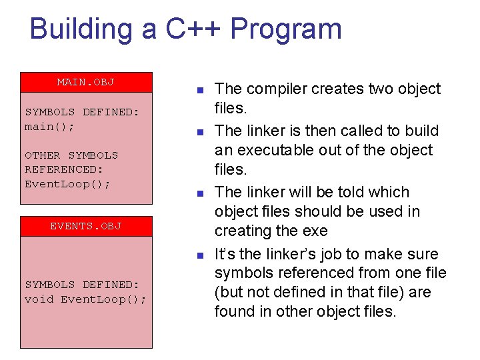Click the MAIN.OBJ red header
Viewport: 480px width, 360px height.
point(86,82)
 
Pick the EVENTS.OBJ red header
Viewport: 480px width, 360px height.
point(86,226)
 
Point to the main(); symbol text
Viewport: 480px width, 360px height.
point(50,126)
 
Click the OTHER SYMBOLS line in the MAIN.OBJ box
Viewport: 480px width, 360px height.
point(71,155)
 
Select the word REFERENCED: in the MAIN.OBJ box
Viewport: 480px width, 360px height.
point(64,169)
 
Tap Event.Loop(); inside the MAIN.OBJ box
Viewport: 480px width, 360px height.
point(67,183)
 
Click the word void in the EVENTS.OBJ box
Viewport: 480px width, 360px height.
point(39,299)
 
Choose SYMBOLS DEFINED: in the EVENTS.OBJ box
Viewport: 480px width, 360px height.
point(82,285)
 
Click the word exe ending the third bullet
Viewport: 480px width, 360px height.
point(315,231)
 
